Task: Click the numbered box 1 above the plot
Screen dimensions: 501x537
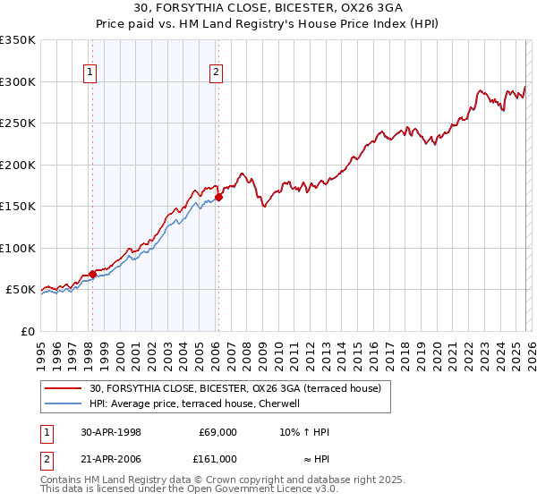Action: pos(91,74)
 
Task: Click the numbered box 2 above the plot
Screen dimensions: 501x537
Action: pos(217,74)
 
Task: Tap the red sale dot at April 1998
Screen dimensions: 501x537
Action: pos(92,274)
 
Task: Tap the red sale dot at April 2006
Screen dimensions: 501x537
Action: pos(218,198)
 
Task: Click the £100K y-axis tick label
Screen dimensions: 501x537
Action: pos(19,248)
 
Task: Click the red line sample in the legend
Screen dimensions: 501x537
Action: pos(64,388)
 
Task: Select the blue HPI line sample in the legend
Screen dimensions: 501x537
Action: pos(64,403)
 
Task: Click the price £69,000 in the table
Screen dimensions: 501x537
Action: pos(217,432)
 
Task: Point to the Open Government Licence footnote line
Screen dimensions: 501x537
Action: pos(190,489)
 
